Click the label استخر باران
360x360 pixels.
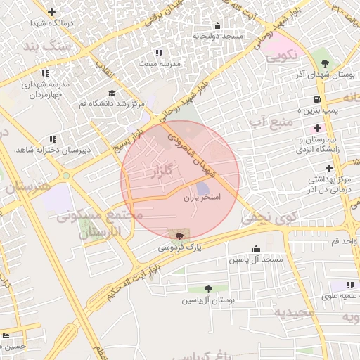(x=202, y=199)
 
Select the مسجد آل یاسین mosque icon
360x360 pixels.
(x=255, y=248)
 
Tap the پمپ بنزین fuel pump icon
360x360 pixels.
(x=317, y=99)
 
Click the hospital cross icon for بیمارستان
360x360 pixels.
(x=318, y=129)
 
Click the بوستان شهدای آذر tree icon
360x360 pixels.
(x=324, y=63)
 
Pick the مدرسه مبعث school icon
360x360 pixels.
(x=159, y=53)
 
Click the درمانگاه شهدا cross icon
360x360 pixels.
(x=51, y=12)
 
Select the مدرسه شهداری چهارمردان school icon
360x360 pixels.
(x=45, y=72)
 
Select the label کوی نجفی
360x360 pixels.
(x=270, y=219)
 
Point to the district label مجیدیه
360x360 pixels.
(x=294, y=312)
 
